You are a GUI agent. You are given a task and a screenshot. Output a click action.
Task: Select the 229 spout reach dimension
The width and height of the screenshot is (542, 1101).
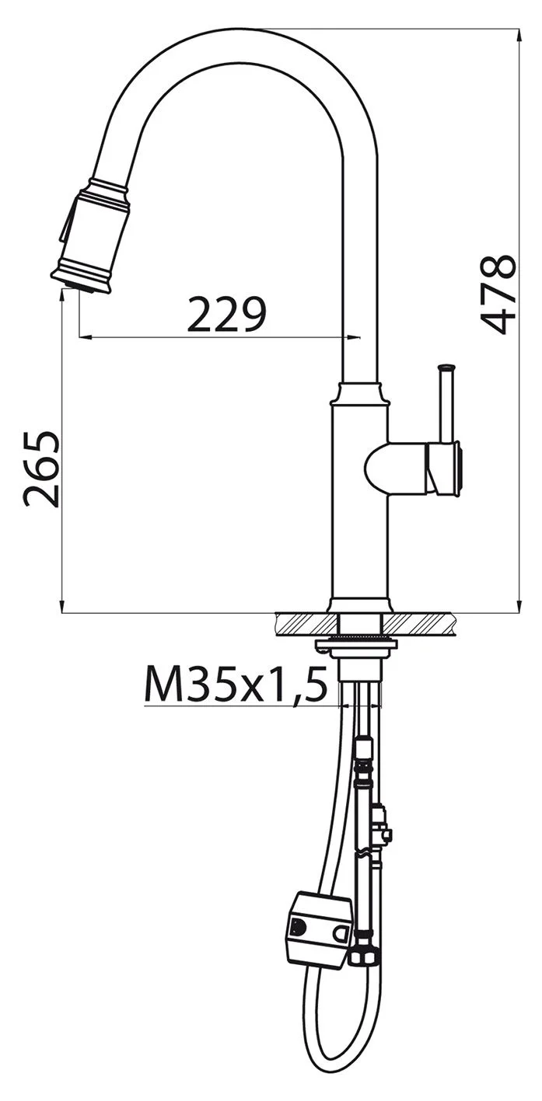point(227,314)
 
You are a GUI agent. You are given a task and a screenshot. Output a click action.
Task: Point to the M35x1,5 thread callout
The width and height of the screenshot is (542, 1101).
point(236,684)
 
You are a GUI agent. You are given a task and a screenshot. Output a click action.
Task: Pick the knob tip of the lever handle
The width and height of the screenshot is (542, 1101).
point(447,368)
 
